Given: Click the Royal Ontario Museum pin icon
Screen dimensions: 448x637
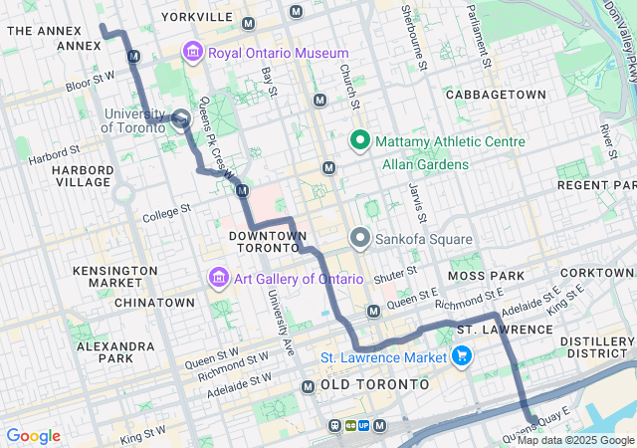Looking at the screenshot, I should (192, 53).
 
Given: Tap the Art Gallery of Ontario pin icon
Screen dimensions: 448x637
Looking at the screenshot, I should (218, 279).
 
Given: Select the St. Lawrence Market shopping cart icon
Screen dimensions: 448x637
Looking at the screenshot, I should (461, 355).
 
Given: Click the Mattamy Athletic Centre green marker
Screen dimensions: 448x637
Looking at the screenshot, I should (359, 141).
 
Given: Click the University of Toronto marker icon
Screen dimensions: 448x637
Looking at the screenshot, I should (179, 119).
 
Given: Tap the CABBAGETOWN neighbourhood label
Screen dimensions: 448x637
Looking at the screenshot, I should (496, 94).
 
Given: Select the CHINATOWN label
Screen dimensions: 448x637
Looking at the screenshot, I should (154, 302).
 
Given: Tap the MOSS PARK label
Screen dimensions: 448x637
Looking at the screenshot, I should (480, 274).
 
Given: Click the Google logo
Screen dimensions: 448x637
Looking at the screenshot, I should (33, 436).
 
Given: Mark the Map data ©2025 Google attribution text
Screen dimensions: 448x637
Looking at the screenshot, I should (575, 440).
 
